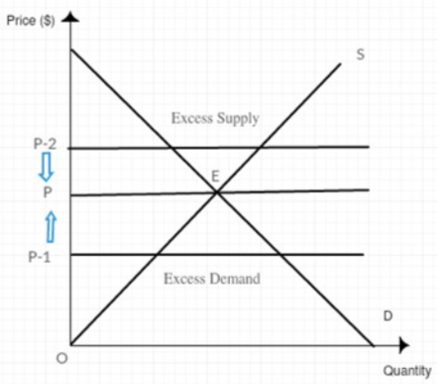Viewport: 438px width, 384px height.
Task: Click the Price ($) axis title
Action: (31, 21)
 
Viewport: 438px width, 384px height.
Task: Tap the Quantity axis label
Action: (407, 371)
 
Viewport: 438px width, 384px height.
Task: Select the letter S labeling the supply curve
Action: (361, 55)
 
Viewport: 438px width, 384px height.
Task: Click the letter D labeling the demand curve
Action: (388, 317)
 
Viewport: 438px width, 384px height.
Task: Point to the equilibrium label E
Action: (215, 177)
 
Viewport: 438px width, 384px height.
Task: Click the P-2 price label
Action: (46, 144)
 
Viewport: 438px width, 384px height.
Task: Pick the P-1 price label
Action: (40, 257)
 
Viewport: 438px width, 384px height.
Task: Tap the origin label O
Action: (61, 358)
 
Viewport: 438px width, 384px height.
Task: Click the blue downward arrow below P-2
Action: (47, 167)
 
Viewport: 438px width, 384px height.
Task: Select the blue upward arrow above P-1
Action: (51, 227)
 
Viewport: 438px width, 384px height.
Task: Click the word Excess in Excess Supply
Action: (191, 118)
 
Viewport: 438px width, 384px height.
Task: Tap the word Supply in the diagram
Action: (237, 119)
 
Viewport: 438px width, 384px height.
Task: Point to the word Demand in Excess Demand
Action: (235, 279)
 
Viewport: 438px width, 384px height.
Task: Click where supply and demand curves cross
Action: (217, 192)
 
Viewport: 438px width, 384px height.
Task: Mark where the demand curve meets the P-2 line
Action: (171, 148)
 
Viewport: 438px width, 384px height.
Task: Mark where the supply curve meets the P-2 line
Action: (260, 148)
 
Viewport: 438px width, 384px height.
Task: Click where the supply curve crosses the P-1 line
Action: (158, 254)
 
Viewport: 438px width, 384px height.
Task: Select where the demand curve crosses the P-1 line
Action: (280, 254)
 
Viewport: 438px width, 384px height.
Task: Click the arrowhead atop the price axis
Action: (70, 17)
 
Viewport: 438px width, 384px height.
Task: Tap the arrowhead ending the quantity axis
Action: (403, 345)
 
